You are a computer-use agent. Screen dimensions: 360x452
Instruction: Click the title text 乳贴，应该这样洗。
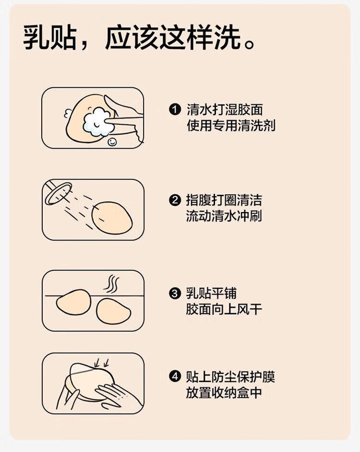click(x=139, y=38)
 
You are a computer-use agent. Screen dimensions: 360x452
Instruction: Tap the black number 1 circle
click(x=175, y=110)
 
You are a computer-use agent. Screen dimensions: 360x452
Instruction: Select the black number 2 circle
click(x=175, y=201)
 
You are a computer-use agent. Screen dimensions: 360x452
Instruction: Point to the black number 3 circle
click(x=175, y=294)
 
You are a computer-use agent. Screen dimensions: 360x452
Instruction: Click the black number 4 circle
click(x=175, y=377)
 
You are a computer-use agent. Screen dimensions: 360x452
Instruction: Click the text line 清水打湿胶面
click(x=225, y=110)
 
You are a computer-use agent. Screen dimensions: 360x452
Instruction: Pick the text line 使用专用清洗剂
click(x=231, y=126)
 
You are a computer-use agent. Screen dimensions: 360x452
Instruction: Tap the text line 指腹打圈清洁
click(x=224, y=201)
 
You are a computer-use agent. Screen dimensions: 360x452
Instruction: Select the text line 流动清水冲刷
click(x=224, y=216)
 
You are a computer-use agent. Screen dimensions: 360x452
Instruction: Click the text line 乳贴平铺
click(x=212, y=294)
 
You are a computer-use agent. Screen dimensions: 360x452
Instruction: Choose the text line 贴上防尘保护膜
click(x=230, y=377)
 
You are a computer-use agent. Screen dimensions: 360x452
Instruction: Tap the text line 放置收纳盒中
click(x=224, y=393)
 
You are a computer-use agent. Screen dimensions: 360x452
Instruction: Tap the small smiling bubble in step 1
click(x=112, y=142)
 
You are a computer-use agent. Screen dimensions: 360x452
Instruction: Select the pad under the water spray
click(x=112, y=217)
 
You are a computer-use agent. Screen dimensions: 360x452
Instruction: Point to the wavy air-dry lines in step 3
click(x=111, y=284)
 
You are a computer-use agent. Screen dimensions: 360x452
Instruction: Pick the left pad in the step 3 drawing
click(x=73, y=303)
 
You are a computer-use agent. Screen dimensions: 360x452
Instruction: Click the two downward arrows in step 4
click(x=102, y=363)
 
